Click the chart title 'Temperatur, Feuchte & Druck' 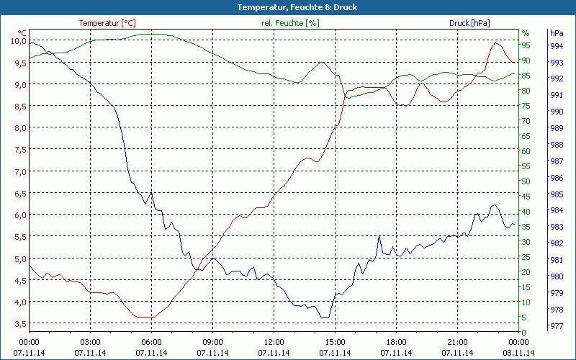(287, 7)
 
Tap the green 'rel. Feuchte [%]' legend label (290, 23)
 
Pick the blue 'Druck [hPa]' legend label (469, 23)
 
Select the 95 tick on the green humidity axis (526, 45)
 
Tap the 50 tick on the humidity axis (526, 181)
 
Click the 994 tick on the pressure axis (556, 46)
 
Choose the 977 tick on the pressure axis (556, 325)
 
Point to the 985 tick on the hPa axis (556, 194)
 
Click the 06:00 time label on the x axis (151, 342)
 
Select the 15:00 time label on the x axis (335, 342)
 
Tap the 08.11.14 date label (518, 353)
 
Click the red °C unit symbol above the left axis (22, 33)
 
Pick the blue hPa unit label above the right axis (556, 33)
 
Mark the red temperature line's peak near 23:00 (495, 43)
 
